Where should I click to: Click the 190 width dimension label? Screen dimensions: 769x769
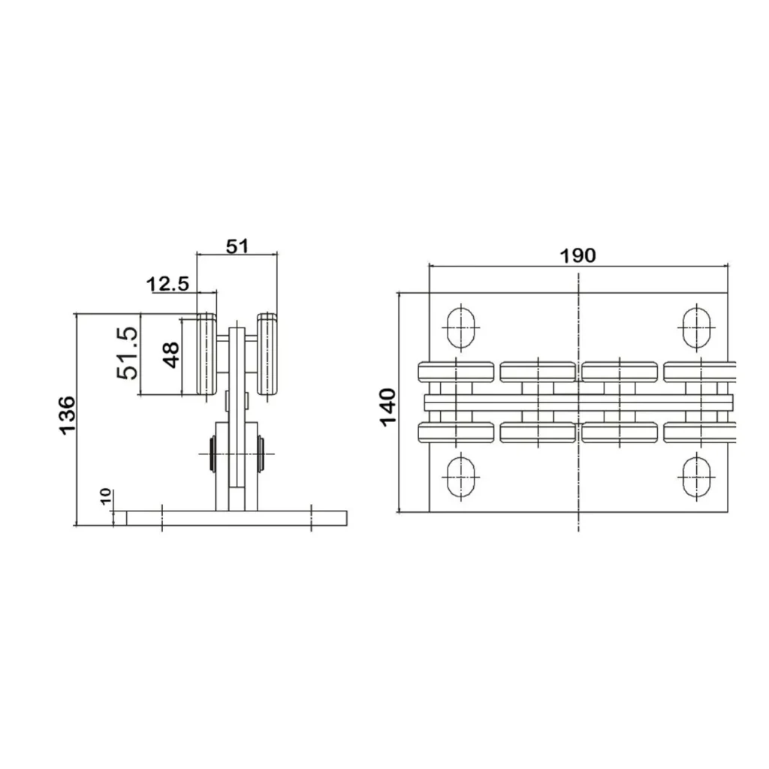click(578, 255)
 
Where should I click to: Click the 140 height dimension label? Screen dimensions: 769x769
click(388, 408)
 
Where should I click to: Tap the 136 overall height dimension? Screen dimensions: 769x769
click(67, 415)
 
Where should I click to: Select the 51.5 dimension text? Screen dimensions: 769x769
click(128, 353)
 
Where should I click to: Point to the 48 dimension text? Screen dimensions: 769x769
click(171, 355)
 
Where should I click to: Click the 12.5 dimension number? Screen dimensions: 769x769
click(167, 283)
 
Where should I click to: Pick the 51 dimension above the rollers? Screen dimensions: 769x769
click(237, 246)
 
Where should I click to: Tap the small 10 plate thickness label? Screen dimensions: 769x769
click(106, 497)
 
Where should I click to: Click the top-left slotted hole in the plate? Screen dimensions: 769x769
click(460, 327)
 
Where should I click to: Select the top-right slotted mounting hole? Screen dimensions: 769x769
click(696, 327)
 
